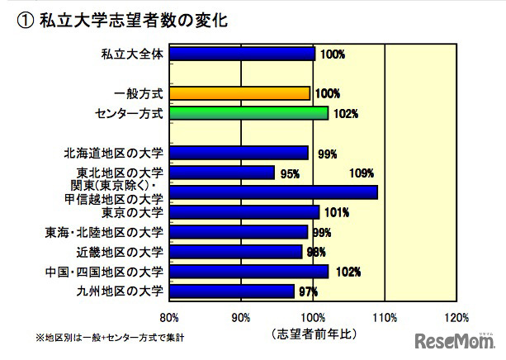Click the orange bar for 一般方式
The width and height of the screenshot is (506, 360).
point(239,93)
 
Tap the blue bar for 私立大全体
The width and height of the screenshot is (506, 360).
point(242,54)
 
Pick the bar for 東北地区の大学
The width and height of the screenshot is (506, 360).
point(222,173)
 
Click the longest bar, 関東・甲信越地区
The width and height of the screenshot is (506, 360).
point(273,192)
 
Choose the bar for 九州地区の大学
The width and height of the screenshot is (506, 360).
point(232,291)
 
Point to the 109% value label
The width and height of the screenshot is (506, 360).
point(362,173)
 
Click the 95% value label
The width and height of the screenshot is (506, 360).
point(290,174)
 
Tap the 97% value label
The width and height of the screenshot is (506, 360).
point(309,291)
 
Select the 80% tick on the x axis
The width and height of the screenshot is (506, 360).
point(168,317)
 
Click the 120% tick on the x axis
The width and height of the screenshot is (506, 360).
point(456,317)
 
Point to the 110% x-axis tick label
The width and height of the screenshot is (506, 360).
point(385,317)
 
